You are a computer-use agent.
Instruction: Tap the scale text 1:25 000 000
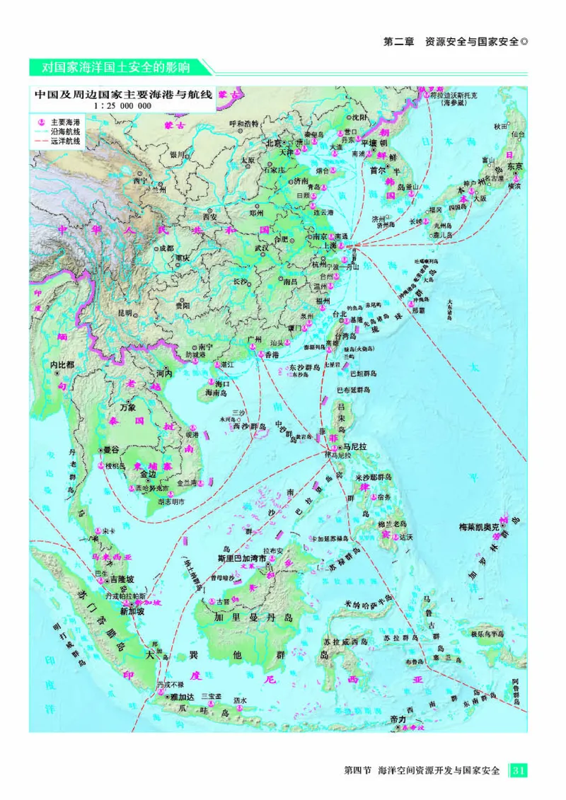[122, 105]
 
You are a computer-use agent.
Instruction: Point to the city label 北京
[273, 142]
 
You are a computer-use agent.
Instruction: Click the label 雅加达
[182, 697]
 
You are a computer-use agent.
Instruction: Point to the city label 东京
[514, 166]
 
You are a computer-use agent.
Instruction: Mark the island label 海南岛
[219, 392]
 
